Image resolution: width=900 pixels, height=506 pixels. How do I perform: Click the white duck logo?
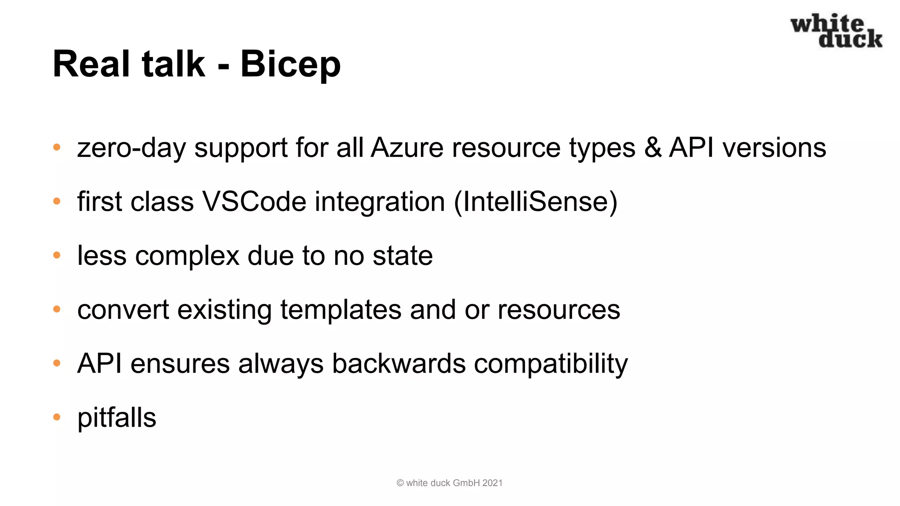point(836,31)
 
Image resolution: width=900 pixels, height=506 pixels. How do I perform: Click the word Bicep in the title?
point(290,64)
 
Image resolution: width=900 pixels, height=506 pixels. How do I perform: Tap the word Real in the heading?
point(91,64)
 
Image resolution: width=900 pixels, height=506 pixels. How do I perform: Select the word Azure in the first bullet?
point(407,148)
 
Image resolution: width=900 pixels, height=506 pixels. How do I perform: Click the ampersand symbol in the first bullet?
point(653,148)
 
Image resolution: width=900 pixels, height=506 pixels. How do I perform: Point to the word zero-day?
point(131,148)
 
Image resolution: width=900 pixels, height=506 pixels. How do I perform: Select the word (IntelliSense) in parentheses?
point(535,202)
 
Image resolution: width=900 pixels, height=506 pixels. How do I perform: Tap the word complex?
point(187,256)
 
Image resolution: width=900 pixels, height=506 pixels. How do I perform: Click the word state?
point(403,256)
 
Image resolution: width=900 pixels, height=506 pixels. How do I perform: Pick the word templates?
point(341,310)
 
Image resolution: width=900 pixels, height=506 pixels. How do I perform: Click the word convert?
point(123,310)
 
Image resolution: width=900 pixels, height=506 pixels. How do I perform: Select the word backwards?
point(399,364)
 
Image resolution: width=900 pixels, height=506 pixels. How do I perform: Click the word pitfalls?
point(116,418)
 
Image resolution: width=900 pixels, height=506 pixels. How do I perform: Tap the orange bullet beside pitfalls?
point(57,417)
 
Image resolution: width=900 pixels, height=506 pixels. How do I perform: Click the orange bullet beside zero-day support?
point(57,148)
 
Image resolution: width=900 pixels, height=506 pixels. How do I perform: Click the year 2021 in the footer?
point(492,483)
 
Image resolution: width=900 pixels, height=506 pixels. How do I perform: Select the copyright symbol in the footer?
point(400,483)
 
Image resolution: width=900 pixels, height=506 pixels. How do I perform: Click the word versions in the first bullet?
point(774,148)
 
